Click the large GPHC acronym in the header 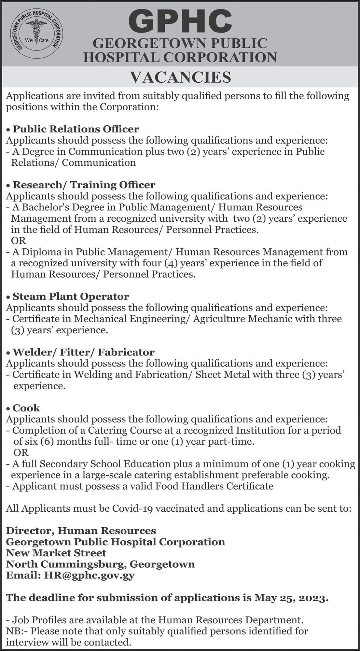(180, 20)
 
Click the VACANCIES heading (180, 77)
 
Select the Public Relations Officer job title (76, 129)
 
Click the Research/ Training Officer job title (84, 185)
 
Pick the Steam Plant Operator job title (71, 297)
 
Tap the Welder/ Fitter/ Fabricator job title (83, 352)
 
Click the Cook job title (26, 408)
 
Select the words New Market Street (56, 553)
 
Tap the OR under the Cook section (21, 452)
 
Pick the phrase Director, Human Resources (81, 531)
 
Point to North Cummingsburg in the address (66, 564)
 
